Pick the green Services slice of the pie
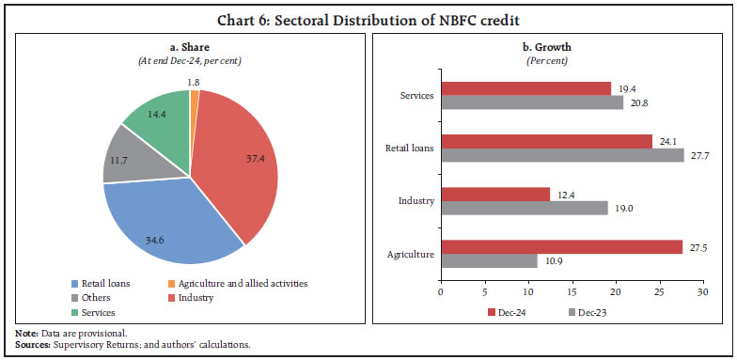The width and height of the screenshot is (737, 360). [155, 117]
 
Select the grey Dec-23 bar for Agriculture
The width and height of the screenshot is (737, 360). [488, 261]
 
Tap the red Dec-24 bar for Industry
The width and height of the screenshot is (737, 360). [494, 194]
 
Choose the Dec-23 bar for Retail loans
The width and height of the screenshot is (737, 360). [561, 154]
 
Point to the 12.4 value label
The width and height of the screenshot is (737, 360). [564, 194]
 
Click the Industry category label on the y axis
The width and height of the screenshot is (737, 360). [415, 200]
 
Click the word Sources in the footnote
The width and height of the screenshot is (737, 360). [32, 345]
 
